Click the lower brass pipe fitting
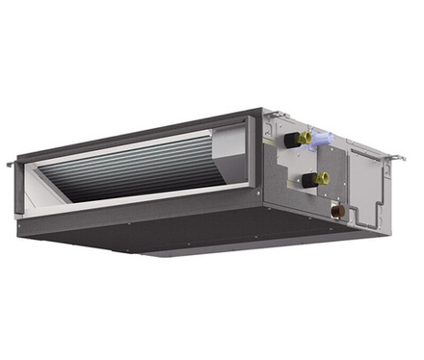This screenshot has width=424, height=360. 321,178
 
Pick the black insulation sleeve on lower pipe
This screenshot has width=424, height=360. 307,180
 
